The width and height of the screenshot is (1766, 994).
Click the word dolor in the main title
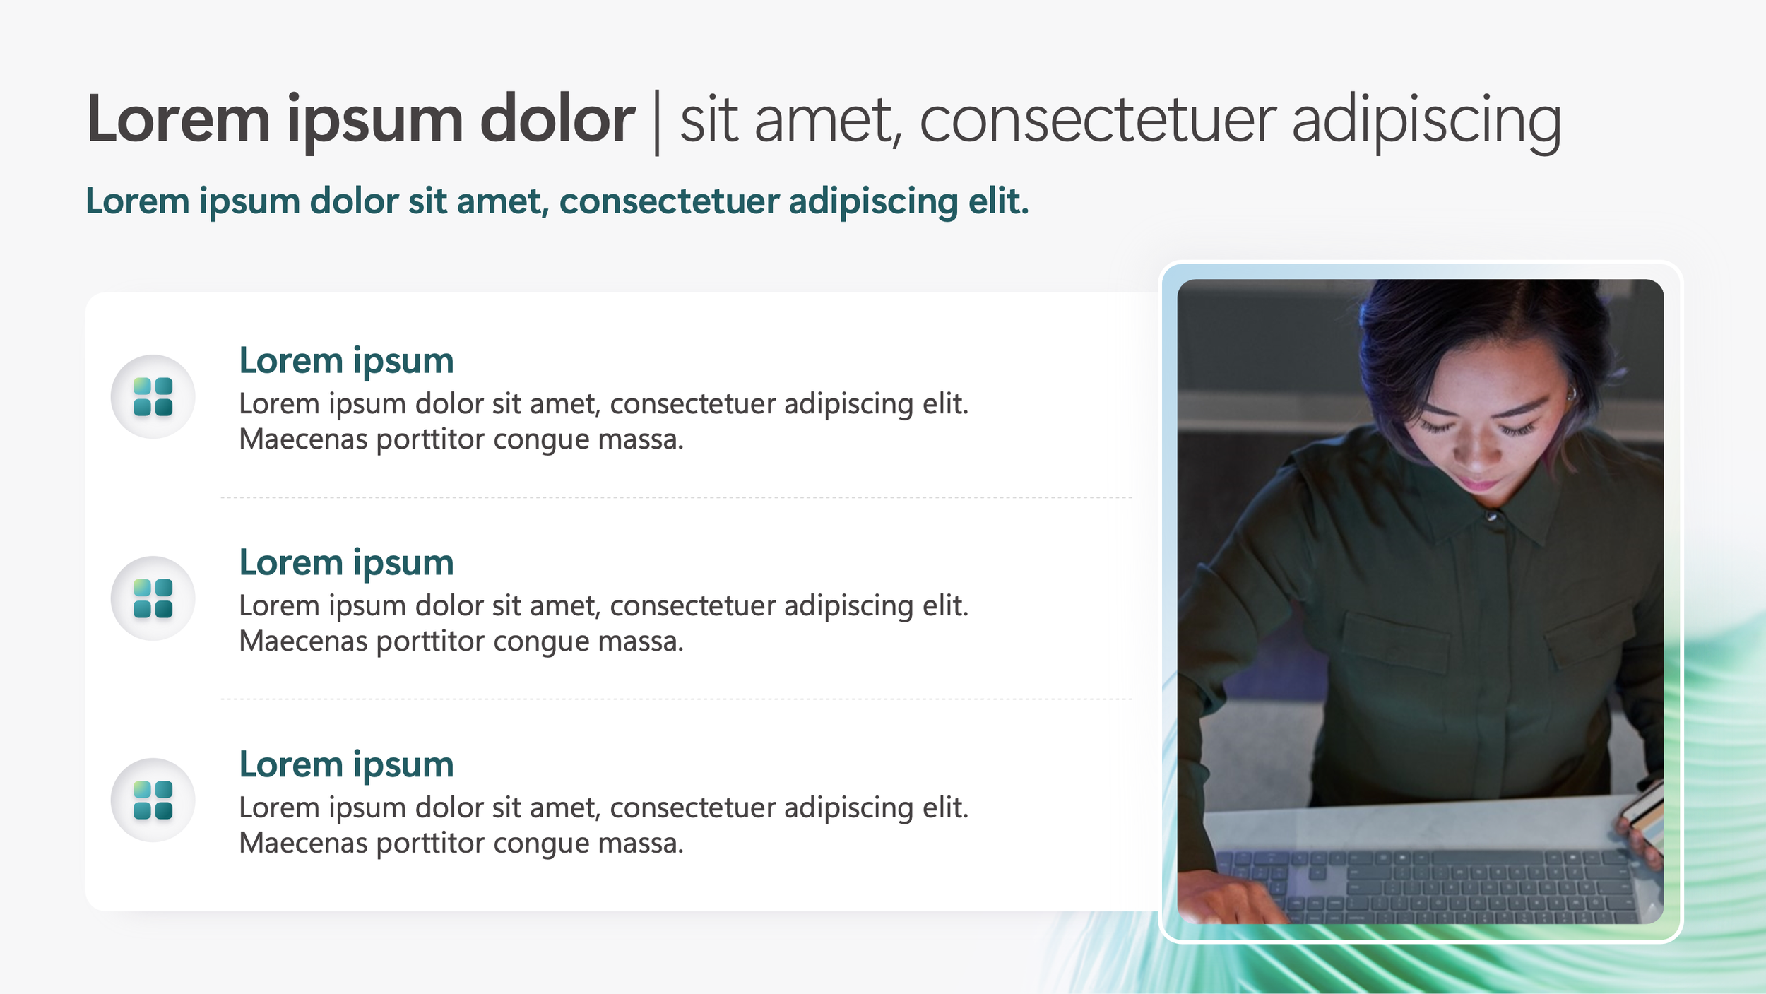[x=557, y=120]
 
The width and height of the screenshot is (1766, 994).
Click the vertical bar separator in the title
[x=657, y=122]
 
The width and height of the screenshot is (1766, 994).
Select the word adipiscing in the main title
[x=1426, y=122]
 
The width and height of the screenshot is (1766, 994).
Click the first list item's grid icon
[x=153, y=396]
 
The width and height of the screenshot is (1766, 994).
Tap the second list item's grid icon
[x=153, y=598]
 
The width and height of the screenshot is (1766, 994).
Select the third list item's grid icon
[x=153, y=800]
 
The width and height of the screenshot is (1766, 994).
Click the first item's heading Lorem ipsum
[x=346, y=361]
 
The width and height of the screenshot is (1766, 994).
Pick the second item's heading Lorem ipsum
[x=346, y=563]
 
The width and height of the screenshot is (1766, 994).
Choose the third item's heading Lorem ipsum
[x=346, y=764]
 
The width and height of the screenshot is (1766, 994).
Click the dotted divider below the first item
[x=676, y=497]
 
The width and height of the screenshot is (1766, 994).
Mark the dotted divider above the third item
[x=676, y=699]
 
